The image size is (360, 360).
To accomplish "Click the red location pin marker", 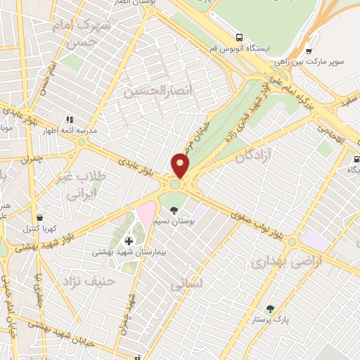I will pos(181,166).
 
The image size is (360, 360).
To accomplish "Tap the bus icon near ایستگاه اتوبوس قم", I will pos(240,37).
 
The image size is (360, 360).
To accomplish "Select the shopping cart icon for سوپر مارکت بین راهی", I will pos(309,51).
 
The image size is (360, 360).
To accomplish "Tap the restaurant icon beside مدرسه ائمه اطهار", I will pos(69,120).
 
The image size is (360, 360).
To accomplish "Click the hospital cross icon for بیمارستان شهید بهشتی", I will pos(128,240).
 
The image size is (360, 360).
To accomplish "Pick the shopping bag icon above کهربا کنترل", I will pos(39,217).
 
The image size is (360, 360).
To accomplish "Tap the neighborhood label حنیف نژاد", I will pos(69,282).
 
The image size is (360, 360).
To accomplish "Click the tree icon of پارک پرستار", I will pos(270,308).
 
